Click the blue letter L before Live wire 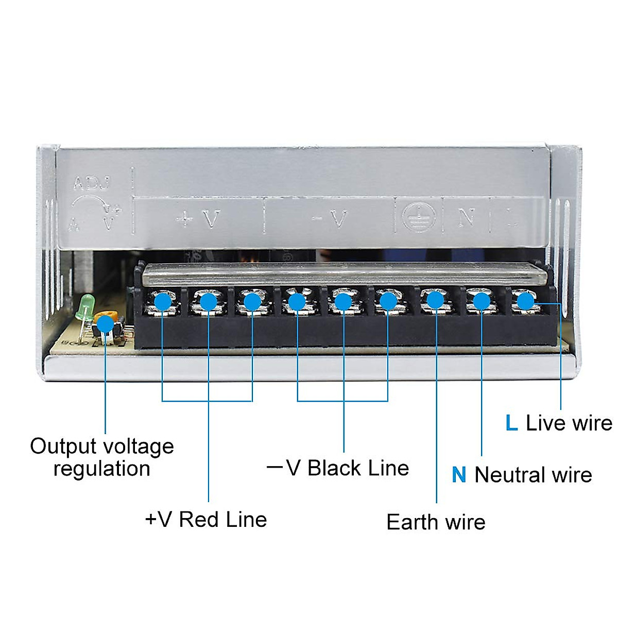point(511,423)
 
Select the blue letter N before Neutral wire point(459,474)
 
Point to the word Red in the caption point(198,519)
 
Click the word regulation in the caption point(102,469)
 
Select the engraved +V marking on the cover point(198,220)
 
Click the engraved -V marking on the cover point(330,219)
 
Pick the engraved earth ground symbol point(418,217)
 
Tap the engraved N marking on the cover point(466,218)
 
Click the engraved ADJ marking point(92,183)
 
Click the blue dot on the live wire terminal point(525,301)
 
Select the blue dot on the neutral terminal point(481,301)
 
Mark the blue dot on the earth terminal point(436,300)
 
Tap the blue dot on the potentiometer point(106,324)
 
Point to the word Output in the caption point(63,446)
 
